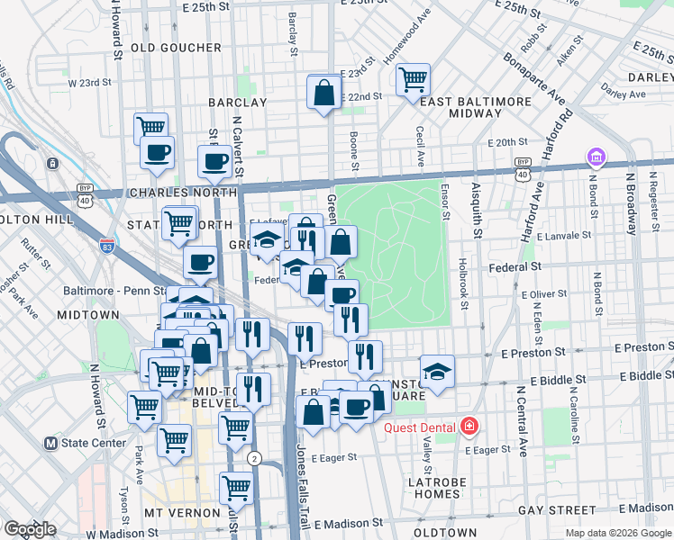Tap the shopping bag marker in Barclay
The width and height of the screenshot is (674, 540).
(x=323, y=92)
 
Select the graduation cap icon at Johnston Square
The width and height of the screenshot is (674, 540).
(x=437, y=371)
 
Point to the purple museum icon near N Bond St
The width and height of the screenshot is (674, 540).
(x=595, y=158)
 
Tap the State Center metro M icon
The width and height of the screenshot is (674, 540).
(x=52, y=443)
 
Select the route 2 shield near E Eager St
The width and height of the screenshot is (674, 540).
(x=256, y=458)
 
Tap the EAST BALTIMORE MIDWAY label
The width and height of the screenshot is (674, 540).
(x=460, y=107)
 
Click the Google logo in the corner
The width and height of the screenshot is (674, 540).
(x=30, y=528)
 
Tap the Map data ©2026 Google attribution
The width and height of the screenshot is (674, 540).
(x=617, y=533)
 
